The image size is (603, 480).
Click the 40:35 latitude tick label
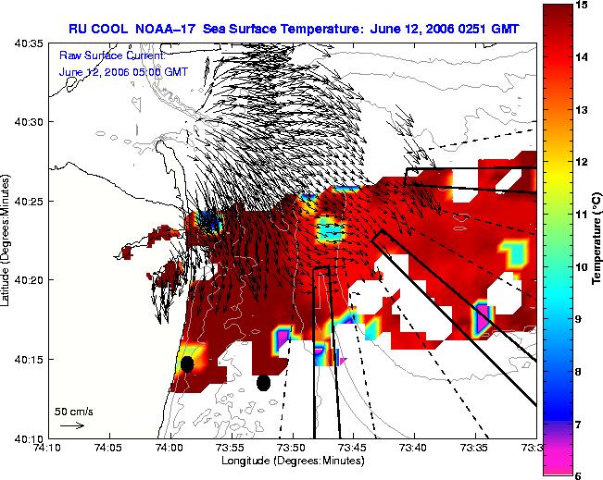(30, 43)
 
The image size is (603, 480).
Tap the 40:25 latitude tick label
(30, 202)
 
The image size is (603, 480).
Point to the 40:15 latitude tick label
(30, 360)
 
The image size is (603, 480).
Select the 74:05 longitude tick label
(110, 448)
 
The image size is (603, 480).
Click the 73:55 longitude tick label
(232, 448)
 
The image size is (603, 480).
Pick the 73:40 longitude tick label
(415, 448)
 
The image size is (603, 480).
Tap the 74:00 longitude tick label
(171, 448)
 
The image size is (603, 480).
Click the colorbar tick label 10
(582, 267)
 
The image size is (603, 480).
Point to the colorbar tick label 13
(582, 110)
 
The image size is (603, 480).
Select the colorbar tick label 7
(578, 424)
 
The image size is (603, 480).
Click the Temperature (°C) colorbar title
(597, 239)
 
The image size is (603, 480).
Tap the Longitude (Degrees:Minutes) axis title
(293, 461)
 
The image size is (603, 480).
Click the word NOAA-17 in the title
(166, 29)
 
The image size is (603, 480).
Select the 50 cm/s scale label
(74, 412)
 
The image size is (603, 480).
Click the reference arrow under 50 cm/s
(72, 425)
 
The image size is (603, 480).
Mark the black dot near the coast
(187, 364)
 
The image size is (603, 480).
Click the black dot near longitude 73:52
(263, 383)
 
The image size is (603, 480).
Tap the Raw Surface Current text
(112, 55)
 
